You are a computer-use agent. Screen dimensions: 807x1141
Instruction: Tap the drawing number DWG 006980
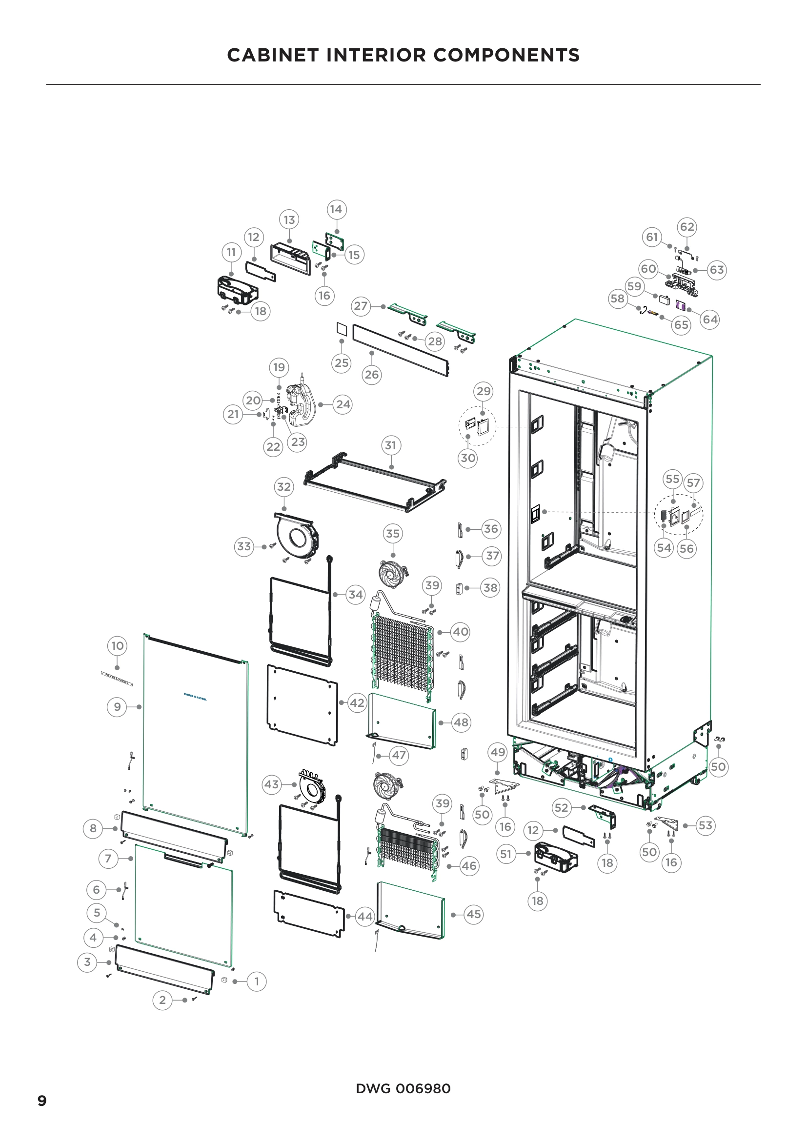click(x=403, y=1088)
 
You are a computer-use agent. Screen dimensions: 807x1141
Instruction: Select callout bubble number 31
click(x=391, y=445)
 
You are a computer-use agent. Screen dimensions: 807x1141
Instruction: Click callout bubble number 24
click(x=343, y=404)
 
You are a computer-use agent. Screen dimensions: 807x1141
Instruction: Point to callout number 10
click(x=117, y=645)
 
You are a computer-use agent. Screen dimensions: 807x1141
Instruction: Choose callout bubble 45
click(x=474, y=914)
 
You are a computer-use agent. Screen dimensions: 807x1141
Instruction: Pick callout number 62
click(x=687, y=227)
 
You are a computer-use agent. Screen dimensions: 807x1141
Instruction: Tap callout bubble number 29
click(x=483, y=391)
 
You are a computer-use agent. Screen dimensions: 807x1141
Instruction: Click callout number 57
click(x=693, y=482)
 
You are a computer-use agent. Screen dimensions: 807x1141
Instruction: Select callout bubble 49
click(x=497, y=752)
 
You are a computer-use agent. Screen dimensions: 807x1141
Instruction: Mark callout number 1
click(x=257, y=981)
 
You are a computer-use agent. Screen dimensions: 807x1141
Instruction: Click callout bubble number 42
click(x=357, y=702)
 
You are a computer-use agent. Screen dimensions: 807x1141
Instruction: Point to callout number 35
click(x=393, y=534)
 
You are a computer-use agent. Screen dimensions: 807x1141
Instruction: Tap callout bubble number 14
click(x=337, y=209)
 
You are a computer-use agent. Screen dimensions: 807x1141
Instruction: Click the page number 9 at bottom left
click(x=42, y=1101)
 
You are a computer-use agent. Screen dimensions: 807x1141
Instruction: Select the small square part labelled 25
click(x=342, y=328)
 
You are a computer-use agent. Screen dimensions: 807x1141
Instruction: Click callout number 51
click(x=506, y=854)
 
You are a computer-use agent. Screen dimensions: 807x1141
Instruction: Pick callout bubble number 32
click(x=284, y=487)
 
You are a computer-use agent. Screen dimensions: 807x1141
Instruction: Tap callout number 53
click(x=705, y=825)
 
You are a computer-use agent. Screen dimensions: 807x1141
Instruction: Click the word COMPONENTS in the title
click(x=506, y=55)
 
